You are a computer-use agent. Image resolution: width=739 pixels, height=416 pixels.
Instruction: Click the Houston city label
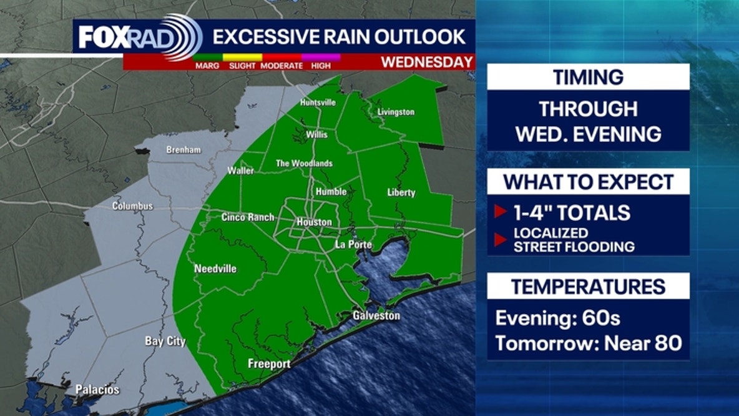tap(314, 222)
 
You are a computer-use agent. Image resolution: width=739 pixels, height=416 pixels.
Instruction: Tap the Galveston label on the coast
tap(376, 315)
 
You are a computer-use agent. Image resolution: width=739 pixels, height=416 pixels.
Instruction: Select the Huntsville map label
tap(318, 102)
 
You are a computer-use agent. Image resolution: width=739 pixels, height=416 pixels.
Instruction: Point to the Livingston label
tap(396, 112)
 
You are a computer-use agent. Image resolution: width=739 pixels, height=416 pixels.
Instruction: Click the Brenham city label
tap(183, 150)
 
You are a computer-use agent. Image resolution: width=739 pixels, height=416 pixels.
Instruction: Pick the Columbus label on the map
tap(132, 206)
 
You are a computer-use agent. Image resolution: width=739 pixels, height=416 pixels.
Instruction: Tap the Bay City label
tap(165, 341)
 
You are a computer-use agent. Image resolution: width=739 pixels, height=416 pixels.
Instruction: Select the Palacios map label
tap(97, 390)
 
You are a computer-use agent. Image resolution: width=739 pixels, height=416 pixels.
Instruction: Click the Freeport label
tap(269, 364)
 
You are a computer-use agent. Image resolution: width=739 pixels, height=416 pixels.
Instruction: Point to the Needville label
tap(215, 269)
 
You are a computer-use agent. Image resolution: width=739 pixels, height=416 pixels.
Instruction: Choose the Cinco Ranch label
tap(248, 217)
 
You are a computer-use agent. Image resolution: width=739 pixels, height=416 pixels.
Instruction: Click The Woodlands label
tap(304, 164)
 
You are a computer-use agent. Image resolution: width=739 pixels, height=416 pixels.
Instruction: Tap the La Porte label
tap(354, 244)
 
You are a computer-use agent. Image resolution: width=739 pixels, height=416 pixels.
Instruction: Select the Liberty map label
tap(401, 192)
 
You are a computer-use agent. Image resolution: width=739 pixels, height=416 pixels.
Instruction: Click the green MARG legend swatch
tap(207, 57)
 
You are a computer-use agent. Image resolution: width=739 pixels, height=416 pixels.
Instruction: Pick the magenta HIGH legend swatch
tap(321, 57)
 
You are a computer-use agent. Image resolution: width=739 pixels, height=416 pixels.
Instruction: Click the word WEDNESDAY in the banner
tap(427, 62)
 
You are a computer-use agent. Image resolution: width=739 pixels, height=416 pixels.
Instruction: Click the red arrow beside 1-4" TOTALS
tap(500, 212)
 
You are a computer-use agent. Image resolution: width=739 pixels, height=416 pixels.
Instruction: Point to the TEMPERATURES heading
tap(588, 287)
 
